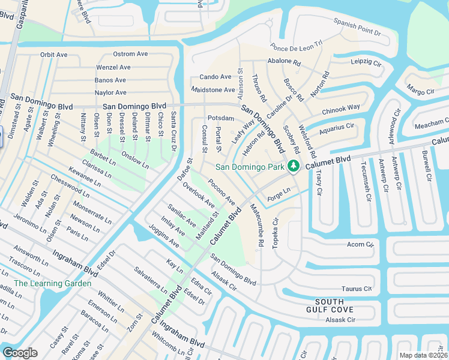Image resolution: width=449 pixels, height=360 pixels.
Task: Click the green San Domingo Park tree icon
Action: point(294,166)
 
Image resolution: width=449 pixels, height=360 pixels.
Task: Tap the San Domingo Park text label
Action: point(250,167)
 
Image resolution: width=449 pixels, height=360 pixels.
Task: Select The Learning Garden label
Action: point(53,283)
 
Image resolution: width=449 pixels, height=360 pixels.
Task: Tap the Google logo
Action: point(20,352)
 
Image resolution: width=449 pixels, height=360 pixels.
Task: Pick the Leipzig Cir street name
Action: point(367,62)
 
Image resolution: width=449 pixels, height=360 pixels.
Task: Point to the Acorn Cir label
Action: point(360,245)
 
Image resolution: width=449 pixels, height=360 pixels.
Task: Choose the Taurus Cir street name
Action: point(358,289)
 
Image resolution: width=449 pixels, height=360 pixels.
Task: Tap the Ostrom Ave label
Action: point(130,54)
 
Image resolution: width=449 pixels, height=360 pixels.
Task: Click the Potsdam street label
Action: point(220,118)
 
